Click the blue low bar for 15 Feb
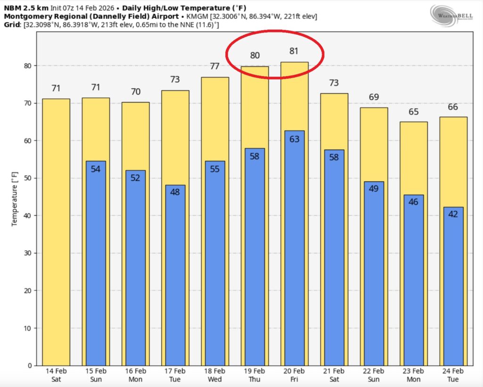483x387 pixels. [96, 264]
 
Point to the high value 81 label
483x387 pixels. [294, 51]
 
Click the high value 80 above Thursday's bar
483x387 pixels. [255, 55]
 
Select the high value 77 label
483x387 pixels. [215, 66]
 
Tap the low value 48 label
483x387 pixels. [175, 192]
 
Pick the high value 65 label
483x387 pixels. [414, 112]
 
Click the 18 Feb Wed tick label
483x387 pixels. [215, 375]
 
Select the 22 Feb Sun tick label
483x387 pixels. [374, 375]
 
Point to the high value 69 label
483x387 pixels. [374, 97]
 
